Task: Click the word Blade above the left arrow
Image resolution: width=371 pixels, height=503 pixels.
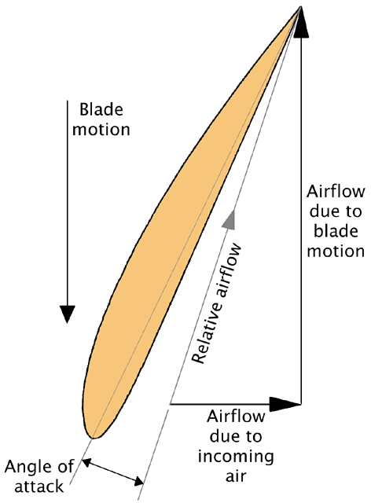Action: click(x=101, y=109)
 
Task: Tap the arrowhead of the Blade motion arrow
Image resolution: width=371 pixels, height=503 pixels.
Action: click(x=67, y=314)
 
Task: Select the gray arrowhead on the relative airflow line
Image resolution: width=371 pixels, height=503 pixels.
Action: click(x=230, y=219)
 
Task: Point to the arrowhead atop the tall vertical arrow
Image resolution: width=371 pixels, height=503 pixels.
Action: click(x=301, y=22)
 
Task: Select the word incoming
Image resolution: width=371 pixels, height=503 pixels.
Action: click(x=236, y=456)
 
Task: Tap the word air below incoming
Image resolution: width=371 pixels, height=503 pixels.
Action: click(x=236, y=475)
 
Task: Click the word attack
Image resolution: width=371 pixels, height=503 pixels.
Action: click(x=39, y=486)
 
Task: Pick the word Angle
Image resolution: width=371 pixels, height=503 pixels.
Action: click(x=28, y=468)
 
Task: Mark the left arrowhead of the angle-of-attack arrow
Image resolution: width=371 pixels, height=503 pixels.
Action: click(x=86, y=463)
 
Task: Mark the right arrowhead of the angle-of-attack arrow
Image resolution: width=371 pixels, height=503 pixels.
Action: click(x=139, y=481)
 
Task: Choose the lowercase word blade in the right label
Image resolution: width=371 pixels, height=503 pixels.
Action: click(x=336, y=230)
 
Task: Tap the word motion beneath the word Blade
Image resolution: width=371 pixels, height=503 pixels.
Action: click(x=101, y=129)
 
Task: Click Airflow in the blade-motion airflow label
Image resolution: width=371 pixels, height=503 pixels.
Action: click(x=336, y=192)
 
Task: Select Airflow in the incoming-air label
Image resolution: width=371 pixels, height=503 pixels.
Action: click(x=236, y=417)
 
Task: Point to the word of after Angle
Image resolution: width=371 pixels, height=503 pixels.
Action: click(x=64, y=466)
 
